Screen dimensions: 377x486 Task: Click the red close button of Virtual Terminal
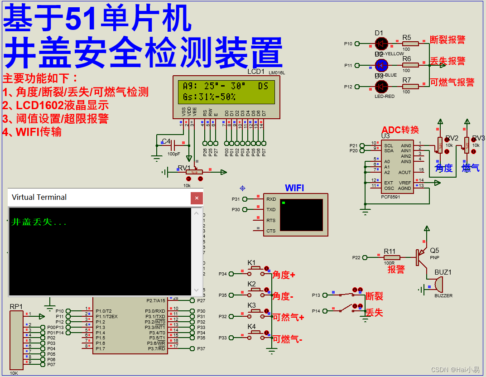click(x=197, y=198)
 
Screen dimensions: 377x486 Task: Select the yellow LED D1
click(x=381, y=43)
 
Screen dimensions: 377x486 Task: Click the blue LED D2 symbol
click(x=381, y=65)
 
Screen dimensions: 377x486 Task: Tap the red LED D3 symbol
click(x=381, y=87)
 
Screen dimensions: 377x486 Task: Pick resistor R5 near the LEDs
click(x=411, y=43)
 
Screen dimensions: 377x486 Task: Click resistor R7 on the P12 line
click(x=411, y=86)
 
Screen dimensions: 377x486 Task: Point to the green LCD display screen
click(x=226, y=91)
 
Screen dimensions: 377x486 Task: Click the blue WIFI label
click(x=294, y=188)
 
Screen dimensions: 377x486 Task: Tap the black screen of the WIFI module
click(x=301, y=215)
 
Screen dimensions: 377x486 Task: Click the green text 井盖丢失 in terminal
click(x=39, y=222)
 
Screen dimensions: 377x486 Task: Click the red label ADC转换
click(x=400, y=130)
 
